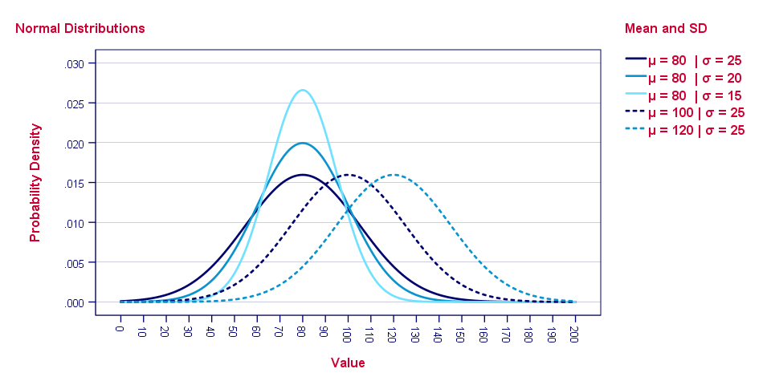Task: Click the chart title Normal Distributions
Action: tap(80, 28)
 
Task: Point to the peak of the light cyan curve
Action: tap(302, 90)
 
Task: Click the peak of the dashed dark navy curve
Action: tap(348, 174)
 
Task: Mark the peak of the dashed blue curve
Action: tap(394, 174)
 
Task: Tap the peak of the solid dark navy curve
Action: tap(302, 174)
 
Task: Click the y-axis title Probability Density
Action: tap(35, 183)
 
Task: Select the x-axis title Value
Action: tap(348, 363)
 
